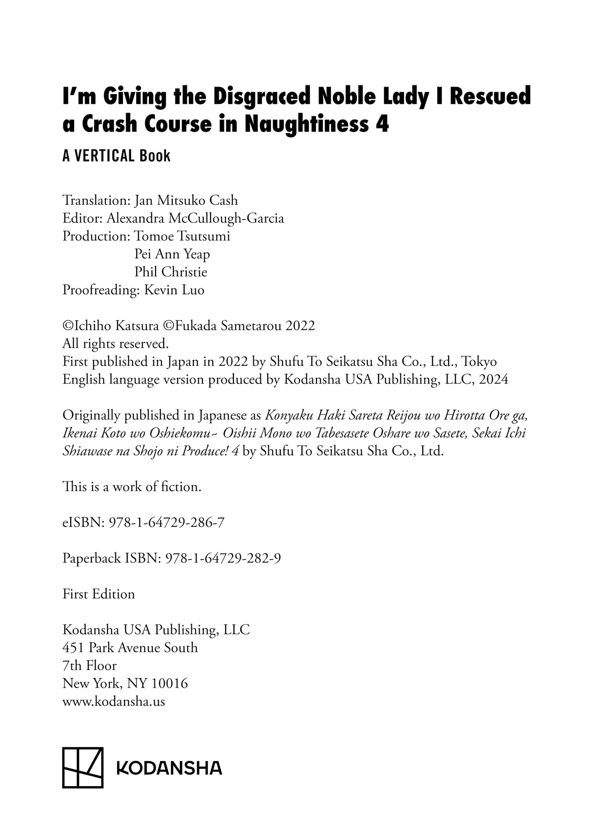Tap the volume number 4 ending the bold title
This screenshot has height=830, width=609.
pos(382,124)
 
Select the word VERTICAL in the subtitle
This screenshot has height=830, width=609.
pos(104,156)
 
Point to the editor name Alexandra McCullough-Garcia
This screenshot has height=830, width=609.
pos(195,218)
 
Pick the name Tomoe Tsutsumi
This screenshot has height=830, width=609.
pos(182,236)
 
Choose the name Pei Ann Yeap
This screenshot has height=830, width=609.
pos(172,254)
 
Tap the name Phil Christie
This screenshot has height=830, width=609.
pos(171,272)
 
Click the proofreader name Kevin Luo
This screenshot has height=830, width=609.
pos(174,290)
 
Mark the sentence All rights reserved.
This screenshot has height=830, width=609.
pos(115,344)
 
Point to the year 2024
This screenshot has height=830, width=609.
pos(493,379)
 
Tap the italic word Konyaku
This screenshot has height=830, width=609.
pos(289,415)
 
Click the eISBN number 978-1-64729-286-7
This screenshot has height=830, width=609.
pos(167,523)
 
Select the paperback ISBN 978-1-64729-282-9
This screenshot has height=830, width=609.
pos(223,558)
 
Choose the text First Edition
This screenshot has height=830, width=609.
pos(99,594)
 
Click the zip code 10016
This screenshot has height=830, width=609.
pos(169,684)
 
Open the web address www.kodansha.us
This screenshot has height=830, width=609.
pos(114,702)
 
